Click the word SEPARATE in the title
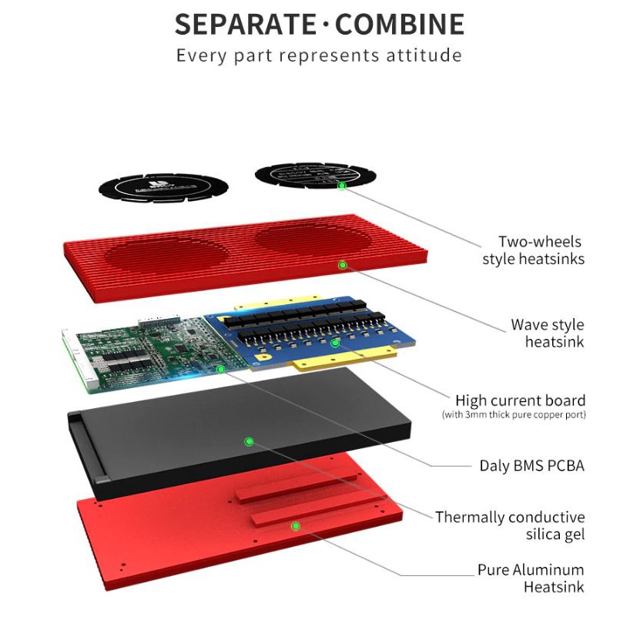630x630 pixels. [x=245, y=25]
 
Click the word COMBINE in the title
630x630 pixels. [x=400, y=25]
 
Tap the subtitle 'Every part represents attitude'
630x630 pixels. [x=319, y=55]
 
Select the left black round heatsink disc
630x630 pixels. [x=163, y=187]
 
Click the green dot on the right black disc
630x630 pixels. [x=342, y=186]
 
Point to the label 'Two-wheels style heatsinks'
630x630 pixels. [x=533, y=250]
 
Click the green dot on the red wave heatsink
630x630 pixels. [x=343, y=265]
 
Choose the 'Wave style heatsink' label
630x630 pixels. [x=547, y=333]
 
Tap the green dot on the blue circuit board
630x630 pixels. [x=335, y=343]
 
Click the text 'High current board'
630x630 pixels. [x=520, y=400]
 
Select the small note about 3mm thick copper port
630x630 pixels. [x=514, y=415]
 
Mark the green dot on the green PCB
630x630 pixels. [x=221, y=370]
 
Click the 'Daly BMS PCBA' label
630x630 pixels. [x=531, y=465]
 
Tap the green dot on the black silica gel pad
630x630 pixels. [x=249, y=441]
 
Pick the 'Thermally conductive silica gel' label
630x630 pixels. [x=510, y=525]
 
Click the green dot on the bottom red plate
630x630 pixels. [x=295, y=526]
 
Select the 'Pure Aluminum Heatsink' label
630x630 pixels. [x=531, y=578]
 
